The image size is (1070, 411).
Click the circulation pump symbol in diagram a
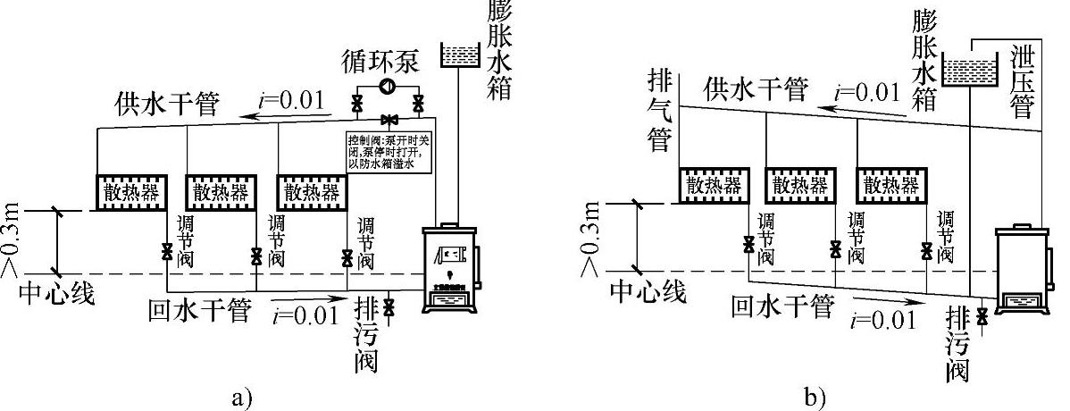click(x=389, y=88)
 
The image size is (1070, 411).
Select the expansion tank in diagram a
click(x=460, y=55)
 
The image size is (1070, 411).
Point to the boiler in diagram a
click(x=452, y=269)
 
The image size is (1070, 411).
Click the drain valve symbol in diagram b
click(x=982, y=315)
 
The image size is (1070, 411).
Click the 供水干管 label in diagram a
click(x=166, y=105)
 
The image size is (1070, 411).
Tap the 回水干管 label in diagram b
click(x=782, y=306)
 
